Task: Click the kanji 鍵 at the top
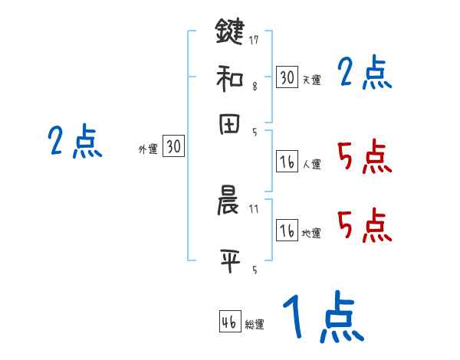pyautogui.click(x=228, y=31)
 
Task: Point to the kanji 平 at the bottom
pyautogui.click(x=228, y=259)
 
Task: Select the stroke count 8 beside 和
pyautogui.click(x=254, y=87)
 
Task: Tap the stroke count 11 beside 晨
pyautogui.click(x=254, y=208)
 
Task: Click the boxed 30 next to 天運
pyautogui.click(x=287, y=77)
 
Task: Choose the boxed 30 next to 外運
pyautogui.click(x=174, y=147)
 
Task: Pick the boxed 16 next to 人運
pyautogui.click(x=287, y=161)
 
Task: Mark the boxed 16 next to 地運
pyautogui.click(x=287, y=231)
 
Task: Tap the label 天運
pyautogui.click(x=311, y=80)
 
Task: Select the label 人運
pyautogui.click(x=311, y=163)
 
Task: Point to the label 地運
pyautogui.click(x=311, y=233)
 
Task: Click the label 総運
pyautogui.click(x=255, y=324)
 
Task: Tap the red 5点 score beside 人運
pyautogui.click(x=364, y=158)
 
